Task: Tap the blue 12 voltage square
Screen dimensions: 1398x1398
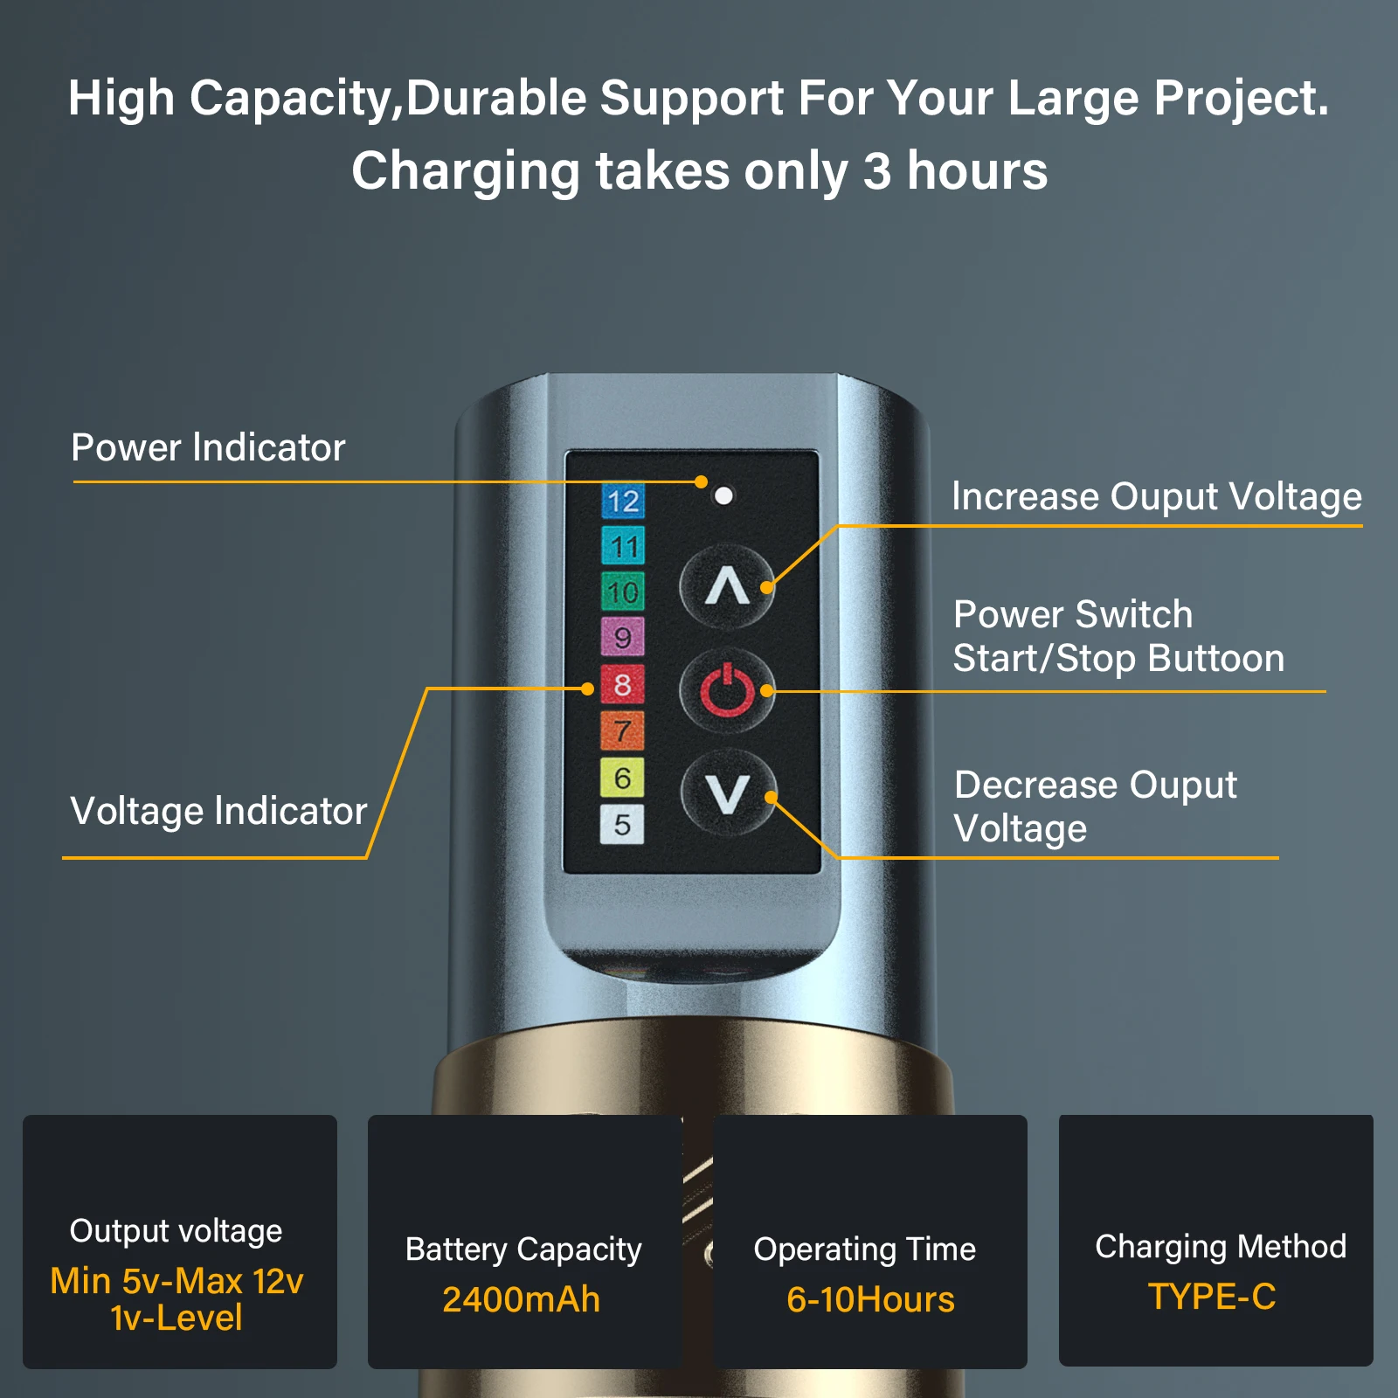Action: click(623, 502)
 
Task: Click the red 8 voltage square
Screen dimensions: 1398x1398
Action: click(622, 684)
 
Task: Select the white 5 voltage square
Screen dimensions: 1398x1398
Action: click(622, 824)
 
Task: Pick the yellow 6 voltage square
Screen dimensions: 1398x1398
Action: click(622, 778)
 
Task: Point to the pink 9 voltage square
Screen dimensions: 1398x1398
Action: click(622, 637)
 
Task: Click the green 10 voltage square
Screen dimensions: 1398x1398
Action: click(622, 592)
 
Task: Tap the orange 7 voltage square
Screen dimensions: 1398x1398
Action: click(622, 730)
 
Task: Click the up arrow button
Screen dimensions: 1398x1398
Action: click(727, 586)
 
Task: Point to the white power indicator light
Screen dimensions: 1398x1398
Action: click(723, 495)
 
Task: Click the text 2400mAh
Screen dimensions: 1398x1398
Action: click(522, 1299)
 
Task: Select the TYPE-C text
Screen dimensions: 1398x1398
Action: click(1212, 1297)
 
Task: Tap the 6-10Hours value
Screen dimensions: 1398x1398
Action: click(870, 1299)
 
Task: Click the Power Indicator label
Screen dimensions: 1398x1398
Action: click(208, 447)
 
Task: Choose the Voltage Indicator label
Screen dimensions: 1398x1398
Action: click(218, 811)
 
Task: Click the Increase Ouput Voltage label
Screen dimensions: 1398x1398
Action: click(1157, 497)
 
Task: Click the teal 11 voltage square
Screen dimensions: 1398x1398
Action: click(623, 547)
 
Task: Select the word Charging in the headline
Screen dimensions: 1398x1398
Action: click(466, 172)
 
